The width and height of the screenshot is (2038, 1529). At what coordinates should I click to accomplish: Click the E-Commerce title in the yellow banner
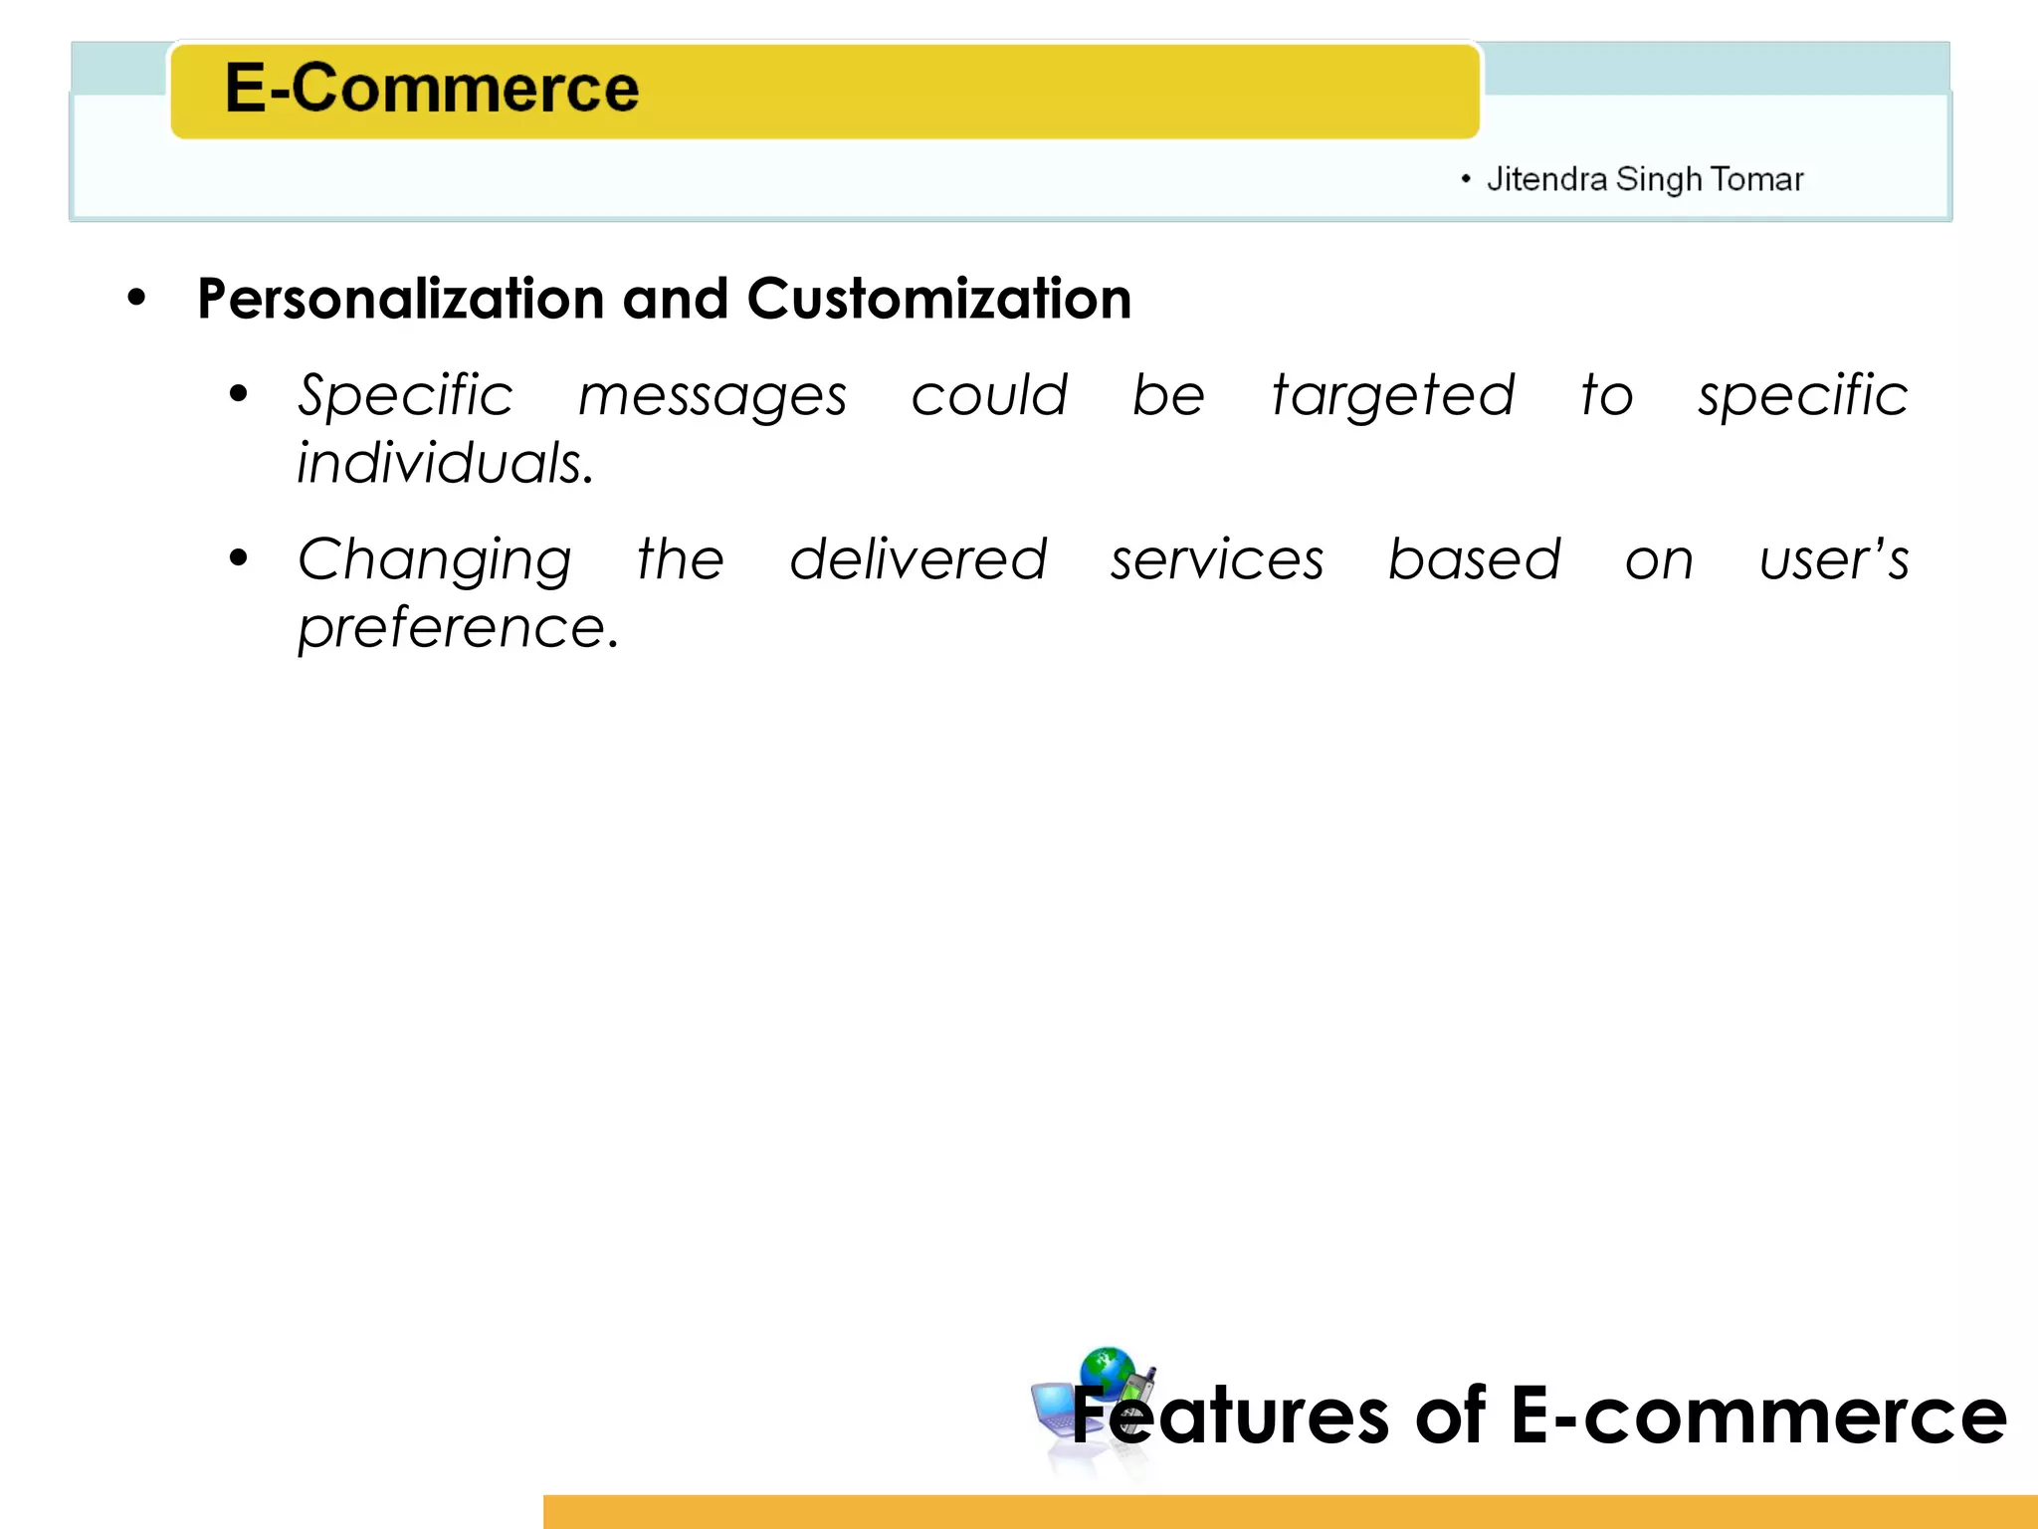coord(431,89)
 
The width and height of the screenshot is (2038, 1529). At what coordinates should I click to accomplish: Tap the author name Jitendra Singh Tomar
coord(1644,179)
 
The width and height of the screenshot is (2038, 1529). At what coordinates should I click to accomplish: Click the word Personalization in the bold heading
coord(400,299)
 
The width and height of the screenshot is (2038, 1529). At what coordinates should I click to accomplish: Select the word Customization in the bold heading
coord(938,299)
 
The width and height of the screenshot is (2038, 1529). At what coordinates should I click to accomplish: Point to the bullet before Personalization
coord(137,297)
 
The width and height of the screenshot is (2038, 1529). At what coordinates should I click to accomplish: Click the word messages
coord(713,396)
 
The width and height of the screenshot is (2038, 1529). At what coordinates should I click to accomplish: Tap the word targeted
coord(1393,396)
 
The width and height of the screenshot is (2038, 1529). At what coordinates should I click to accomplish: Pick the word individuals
coord(445,464)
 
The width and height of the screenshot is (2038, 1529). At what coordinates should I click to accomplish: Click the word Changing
coord(435,560)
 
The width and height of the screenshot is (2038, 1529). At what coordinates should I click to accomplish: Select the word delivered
coord(917,559)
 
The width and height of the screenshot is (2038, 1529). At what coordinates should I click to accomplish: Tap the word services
coord(1217,560)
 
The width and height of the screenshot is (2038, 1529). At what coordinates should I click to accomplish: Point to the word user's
coord(1833,560)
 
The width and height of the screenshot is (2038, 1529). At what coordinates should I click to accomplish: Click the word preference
coord(458,629)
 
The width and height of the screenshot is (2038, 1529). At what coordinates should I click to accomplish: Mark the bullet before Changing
coord(238,557)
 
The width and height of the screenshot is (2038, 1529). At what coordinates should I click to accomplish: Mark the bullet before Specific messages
coord(238,393)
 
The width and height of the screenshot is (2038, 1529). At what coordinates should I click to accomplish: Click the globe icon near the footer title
coord(1107,1371)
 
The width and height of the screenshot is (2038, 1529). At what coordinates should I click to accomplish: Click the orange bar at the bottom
coord(1290,1511)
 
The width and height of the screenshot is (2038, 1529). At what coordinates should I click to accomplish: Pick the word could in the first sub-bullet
coord(989,396)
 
